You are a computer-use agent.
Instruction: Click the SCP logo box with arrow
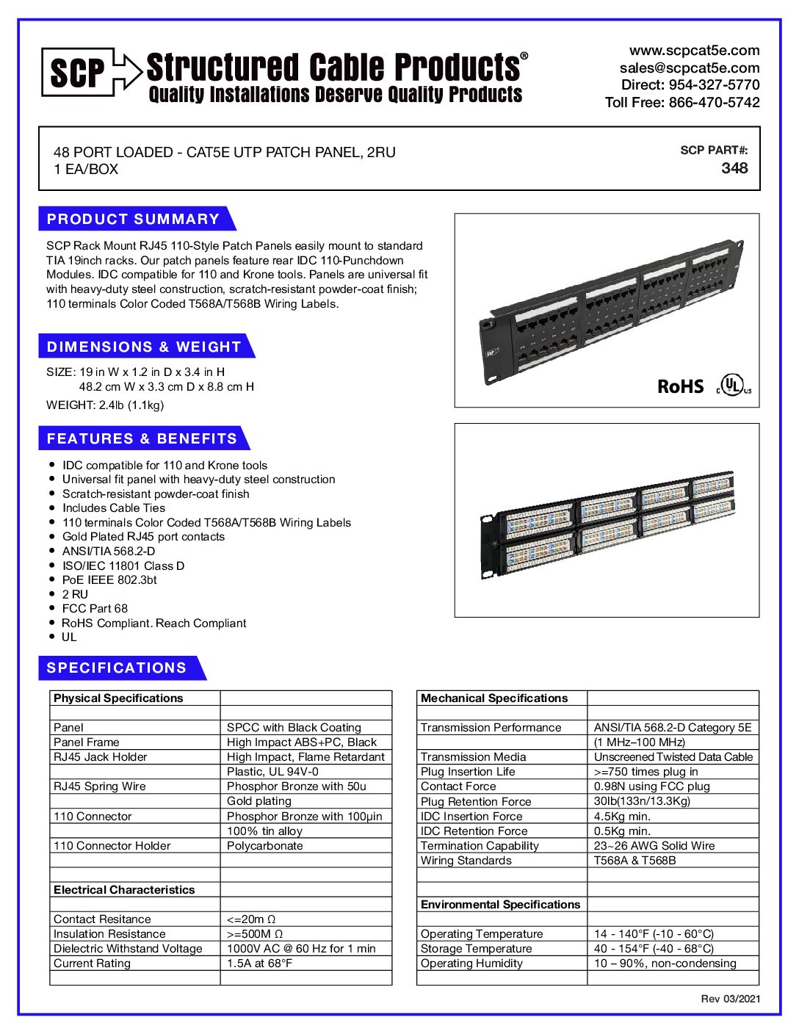click(x=90, y=71)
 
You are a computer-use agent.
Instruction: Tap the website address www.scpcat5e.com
click(x=694, y=51)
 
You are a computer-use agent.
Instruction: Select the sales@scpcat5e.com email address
click(x=689, y=68)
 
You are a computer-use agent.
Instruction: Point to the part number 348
click(x=734, y=168)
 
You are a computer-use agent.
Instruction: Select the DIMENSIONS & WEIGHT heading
click(x=144, y=347)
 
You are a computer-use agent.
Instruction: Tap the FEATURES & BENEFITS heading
click(x=142, y=438)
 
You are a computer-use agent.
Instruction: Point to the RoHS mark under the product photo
click(x=680, y=386)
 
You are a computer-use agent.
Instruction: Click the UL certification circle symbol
click(x=732, y=385)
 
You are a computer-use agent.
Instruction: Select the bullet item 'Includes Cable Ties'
click(x=114, y=508)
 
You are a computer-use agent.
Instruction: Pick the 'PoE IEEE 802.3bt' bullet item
click(x=109, y=579)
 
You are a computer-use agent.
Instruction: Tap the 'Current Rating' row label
click(x=92, y=963)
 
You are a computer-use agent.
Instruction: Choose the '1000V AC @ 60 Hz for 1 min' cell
click(x=301, y=948)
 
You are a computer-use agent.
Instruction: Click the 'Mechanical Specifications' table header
click(x=494, y=698)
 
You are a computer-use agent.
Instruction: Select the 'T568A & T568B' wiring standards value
click(x=634, y=860)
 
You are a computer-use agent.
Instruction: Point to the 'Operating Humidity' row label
click(x=471, y=963)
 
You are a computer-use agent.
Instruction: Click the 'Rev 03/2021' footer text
click(x=730, y=999)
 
